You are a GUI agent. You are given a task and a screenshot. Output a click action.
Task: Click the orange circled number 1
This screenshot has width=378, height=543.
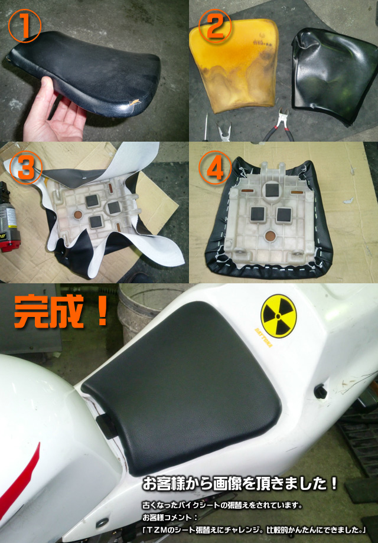click(25, 26)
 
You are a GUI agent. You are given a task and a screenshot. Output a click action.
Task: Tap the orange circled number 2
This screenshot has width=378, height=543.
click(215, 26)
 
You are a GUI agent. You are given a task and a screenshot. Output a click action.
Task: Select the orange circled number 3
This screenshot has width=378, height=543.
click(25, 168)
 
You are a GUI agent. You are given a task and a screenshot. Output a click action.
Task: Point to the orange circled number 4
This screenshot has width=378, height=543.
click(215, 168)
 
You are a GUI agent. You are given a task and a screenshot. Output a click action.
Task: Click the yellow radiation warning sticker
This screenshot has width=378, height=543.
click(279, 316)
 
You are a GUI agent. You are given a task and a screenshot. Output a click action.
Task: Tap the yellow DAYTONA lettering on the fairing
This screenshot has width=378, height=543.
click(263, 337)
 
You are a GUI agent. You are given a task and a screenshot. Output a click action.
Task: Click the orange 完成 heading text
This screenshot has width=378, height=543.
click(61, 311)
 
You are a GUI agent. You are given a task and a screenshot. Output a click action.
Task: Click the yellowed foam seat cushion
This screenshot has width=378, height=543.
click(234, 65)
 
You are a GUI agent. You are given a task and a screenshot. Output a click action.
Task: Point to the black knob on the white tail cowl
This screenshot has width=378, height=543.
click(321, 391)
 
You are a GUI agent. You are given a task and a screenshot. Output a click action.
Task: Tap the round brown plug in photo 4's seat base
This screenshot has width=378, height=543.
click(271, 237)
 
